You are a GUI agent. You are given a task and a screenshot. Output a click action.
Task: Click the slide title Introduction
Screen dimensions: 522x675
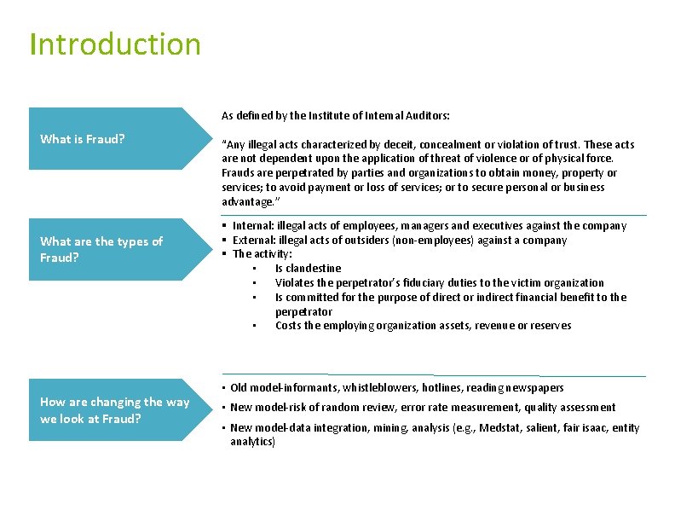[x=115, y=44]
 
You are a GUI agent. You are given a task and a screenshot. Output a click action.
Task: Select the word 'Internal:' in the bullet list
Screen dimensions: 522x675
[x=252, y=226]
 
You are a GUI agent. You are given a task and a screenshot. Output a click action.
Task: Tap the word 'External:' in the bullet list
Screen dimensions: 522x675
[x=253, y=241]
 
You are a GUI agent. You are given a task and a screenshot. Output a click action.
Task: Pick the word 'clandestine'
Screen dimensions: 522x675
[x=313, y=269]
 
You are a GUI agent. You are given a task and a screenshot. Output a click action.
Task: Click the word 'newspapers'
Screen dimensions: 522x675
[x=535, y=388]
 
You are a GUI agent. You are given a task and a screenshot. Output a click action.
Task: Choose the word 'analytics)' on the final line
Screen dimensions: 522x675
[x=252, y=442]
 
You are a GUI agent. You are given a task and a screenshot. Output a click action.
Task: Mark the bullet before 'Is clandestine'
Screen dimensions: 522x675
[x=254, y=269]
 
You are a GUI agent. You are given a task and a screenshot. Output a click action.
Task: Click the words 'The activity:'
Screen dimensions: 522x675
[x=262, y=254]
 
